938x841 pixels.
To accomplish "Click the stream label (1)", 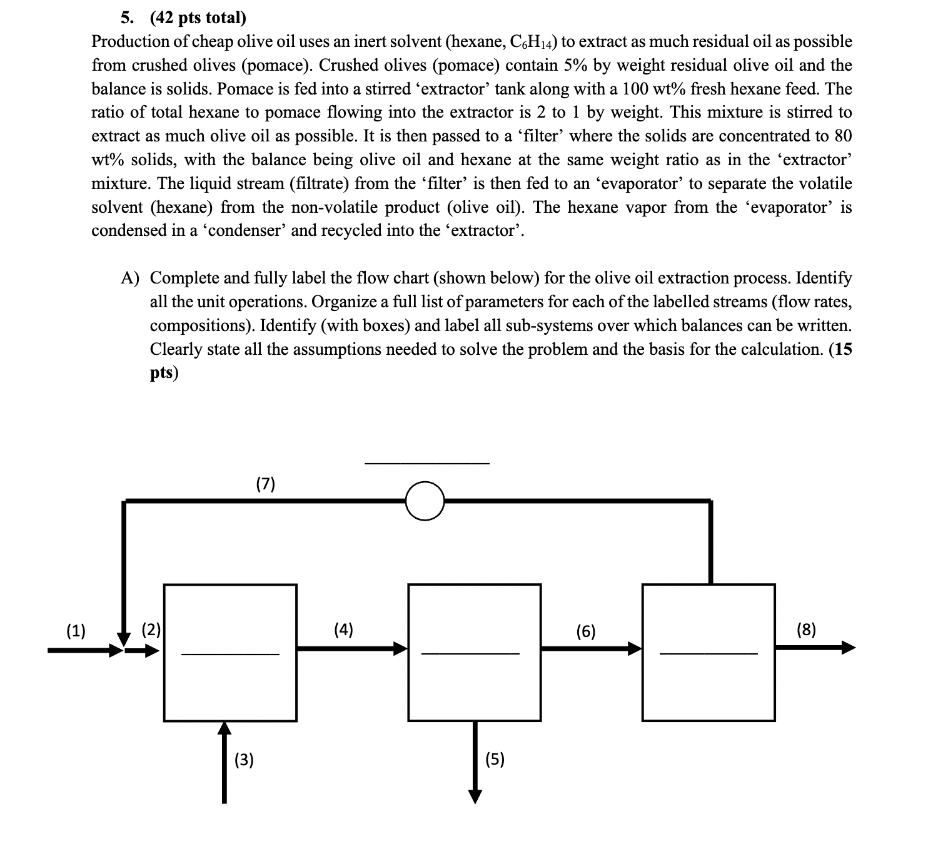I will point(76,630).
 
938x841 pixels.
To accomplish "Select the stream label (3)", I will point(244,760).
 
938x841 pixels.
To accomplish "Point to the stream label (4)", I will point(343,629).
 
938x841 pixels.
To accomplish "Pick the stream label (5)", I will point(495,760).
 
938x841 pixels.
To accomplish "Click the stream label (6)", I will point(586,631).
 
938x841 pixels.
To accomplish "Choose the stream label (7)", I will point(266,483).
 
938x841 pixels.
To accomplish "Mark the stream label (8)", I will point(807,629).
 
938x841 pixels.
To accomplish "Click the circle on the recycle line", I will point(425,501).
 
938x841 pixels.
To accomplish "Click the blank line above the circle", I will point(427,464).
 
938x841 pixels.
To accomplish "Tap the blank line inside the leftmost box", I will point(230,655).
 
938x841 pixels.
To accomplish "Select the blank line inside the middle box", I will point(470,655).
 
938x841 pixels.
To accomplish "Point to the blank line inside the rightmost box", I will point(709,655).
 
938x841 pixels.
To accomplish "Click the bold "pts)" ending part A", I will point(164,373).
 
